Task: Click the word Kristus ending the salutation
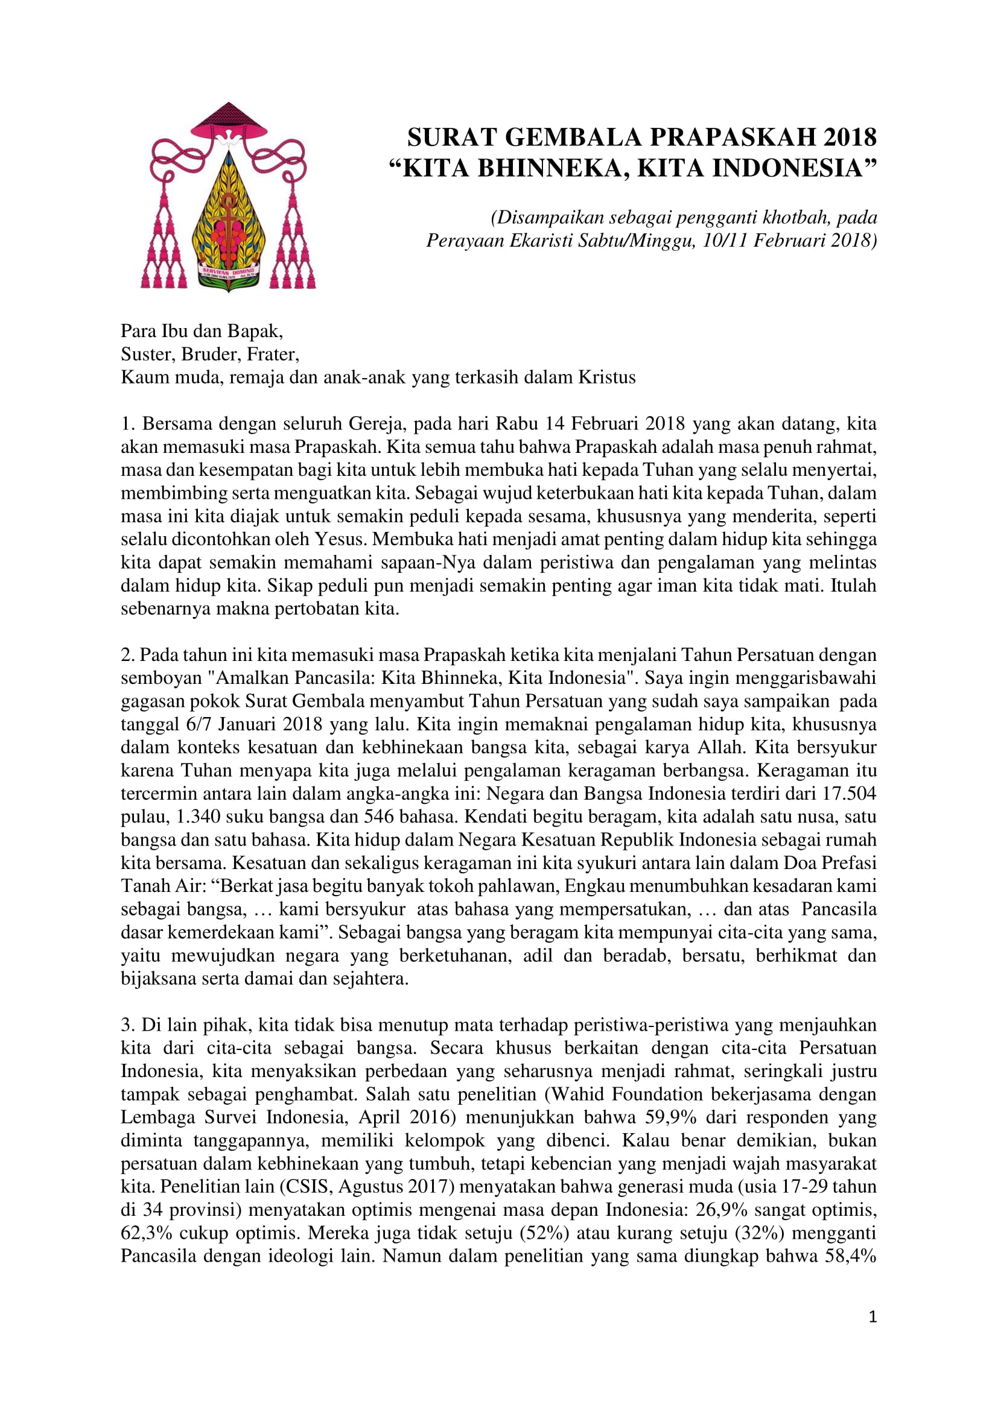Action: (x=606, y=377)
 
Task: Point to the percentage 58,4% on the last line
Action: (x=849, y=1256)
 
